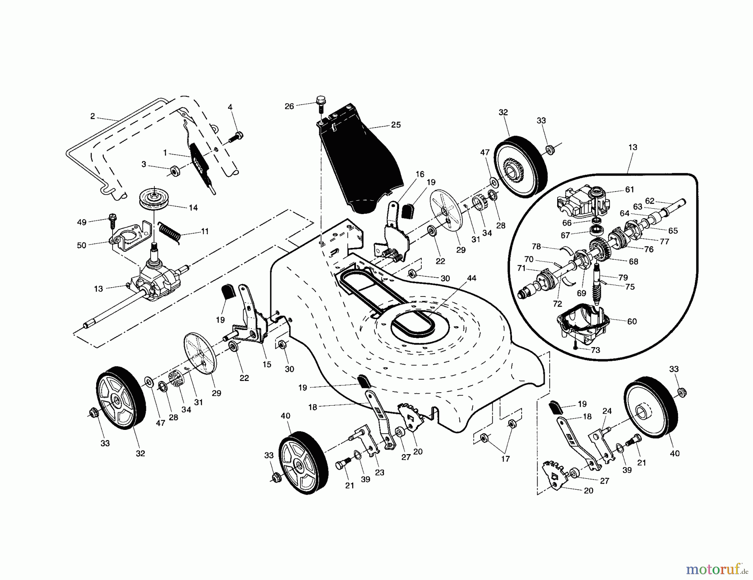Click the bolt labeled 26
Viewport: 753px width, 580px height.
(321, 105)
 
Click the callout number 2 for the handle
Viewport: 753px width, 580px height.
(92, 116)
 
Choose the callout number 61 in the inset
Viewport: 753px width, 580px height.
(630, 190)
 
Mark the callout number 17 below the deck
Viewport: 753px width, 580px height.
(505, 459)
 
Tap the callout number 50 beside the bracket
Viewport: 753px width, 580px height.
(81, 245)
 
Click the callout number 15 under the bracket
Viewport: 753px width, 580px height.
(266, 364)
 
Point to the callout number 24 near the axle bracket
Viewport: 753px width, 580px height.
(607, 411)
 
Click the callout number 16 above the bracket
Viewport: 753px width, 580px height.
(420, 174)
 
